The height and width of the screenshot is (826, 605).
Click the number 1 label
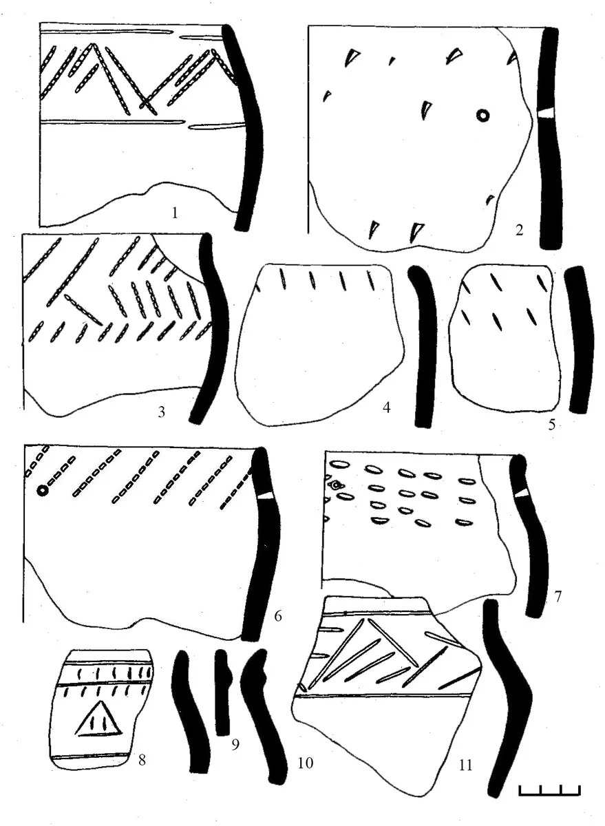tap(175, 213)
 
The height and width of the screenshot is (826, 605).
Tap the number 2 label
tap(519, 231)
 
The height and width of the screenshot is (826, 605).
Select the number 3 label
tap(161, 412)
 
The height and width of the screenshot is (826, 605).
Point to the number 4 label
tap(386, 407)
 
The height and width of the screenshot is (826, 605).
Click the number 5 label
tap(551, 425)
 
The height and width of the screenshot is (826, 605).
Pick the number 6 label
tap(277, 615)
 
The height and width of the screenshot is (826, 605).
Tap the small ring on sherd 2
tap(482, 116)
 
